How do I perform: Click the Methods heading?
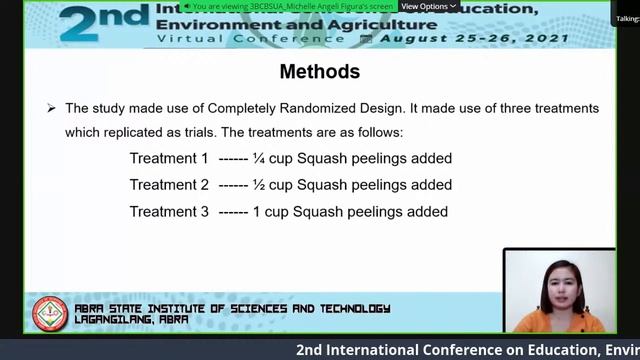319,72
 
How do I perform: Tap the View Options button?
428,6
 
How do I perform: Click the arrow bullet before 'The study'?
51,108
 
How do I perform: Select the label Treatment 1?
169,159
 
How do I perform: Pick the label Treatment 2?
169,185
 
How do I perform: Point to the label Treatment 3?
169,212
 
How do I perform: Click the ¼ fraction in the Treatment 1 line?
258,159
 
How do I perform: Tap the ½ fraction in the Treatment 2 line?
258,185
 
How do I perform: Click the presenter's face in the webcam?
557,284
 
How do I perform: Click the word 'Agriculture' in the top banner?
370,22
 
